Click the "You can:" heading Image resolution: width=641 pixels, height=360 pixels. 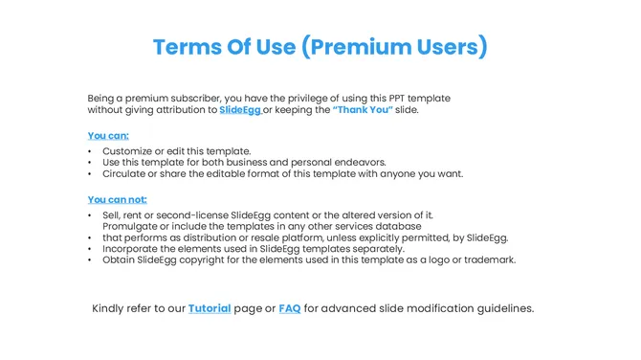[108, 135]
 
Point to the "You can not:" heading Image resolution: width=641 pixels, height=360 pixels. [118, 199]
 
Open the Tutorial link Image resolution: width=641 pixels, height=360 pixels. [210, 308]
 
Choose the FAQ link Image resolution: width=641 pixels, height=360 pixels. [290, 308]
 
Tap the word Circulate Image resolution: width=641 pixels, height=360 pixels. [125, 174]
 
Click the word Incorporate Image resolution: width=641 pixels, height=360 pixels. [132, 248]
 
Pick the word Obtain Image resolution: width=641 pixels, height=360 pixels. [120, 259]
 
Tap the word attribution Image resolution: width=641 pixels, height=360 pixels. [178, 110]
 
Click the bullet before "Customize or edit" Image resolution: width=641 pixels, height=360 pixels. [90, 151]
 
